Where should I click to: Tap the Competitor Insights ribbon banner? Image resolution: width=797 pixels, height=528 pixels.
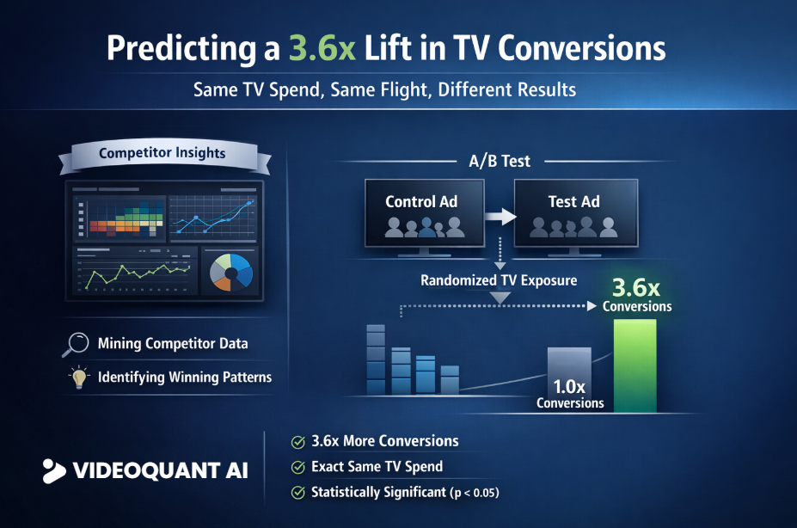click(162, 154)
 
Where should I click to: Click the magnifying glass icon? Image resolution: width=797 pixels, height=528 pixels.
click(76, 343)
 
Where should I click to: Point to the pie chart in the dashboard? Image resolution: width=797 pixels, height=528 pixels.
click(231, 273)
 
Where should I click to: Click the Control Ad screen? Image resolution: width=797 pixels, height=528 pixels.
click(421, 213)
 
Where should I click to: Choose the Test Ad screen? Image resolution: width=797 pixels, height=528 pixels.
click(574, 213)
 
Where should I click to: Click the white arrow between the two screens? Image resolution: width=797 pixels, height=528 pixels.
click(497, 215)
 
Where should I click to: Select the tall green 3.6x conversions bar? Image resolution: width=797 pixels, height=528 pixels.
click(635, 365)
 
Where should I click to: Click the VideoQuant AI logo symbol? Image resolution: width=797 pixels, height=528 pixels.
click(54, 470)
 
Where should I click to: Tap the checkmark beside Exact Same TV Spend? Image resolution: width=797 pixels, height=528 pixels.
click(298, 468)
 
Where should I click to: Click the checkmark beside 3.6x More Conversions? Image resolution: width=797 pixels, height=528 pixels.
click(298, 442)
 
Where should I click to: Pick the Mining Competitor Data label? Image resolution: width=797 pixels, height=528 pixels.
click(173, 343)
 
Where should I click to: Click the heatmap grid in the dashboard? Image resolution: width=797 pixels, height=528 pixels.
click(119, 213)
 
